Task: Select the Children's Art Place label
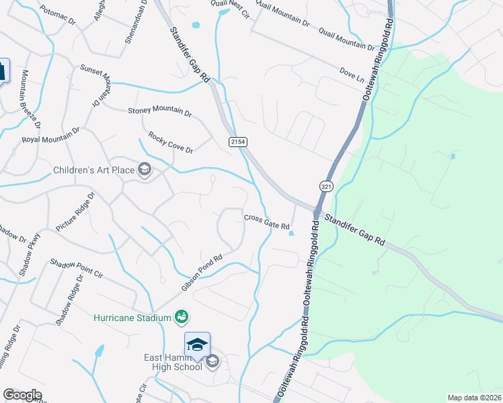click(x=94, y=170)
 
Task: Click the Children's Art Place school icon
click(x=144, y=169)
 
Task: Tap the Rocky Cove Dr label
click(x=171, y=142)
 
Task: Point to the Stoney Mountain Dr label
click(x=159, y=112)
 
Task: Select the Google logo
click(x=22, y=395)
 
